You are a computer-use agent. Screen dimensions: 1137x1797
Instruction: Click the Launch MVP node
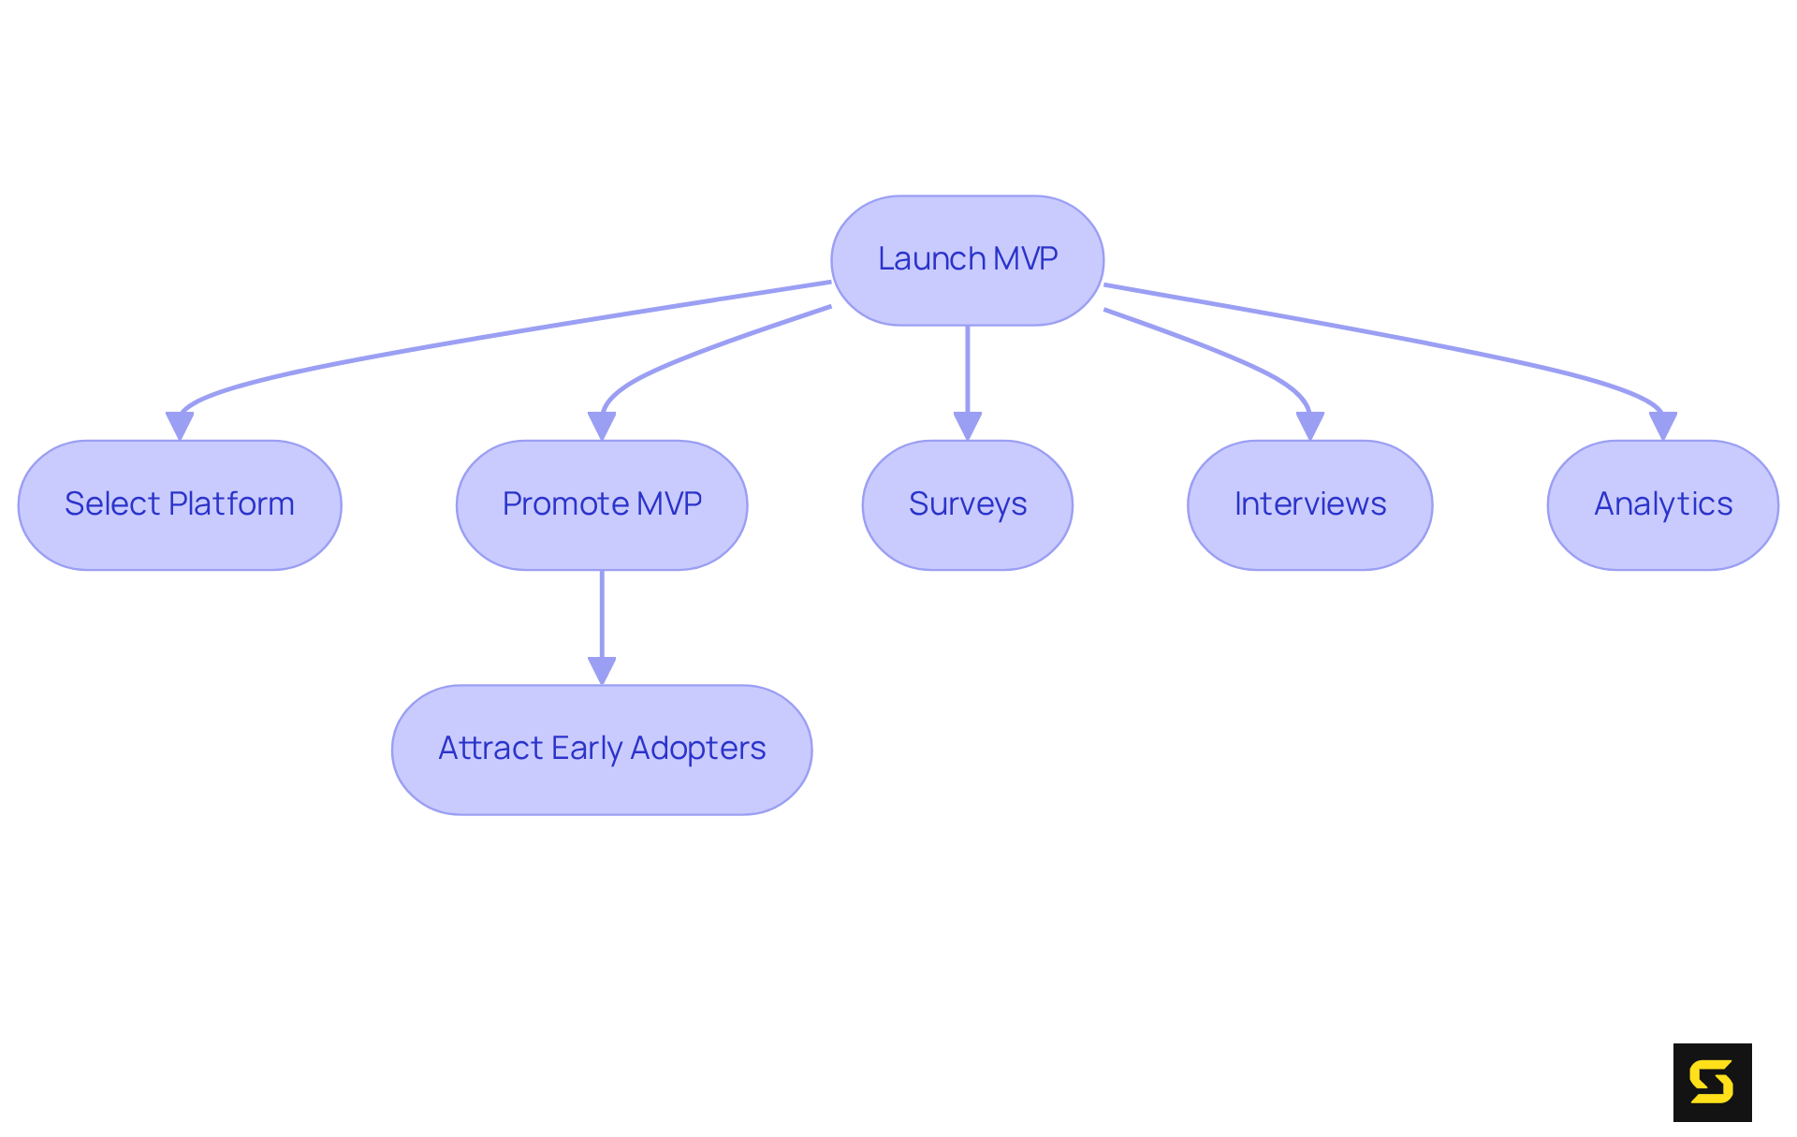(967, 260)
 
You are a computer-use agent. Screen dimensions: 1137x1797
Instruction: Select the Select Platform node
(180, 505)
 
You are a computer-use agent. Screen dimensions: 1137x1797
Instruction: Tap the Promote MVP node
(602, 505)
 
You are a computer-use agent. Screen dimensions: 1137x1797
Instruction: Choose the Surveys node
(967, 505)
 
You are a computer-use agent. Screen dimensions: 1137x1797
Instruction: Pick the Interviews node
(1309, 505)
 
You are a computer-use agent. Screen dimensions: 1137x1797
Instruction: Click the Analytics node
(1662, 505)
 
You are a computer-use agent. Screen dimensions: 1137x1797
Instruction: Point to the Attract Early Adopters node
(602, 750)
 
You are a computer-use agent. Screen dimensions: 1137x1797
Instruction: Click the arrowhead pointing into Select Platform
(180, 426)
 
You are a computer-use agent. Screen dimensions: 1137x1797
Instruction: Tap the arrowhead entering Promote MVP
(602, 426)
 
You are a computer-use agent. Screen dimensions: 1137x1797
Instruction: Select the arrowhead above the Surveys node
(967, 426)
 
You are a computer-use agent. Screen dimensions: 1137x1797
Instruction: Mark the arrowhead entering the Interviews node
(1309, 426)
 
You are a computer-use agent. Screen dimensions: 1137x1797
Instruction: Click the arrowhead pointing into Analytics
(1662, 426)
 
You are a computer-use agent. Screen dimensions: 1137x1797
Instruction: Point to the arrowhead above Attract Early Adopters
(602, 670)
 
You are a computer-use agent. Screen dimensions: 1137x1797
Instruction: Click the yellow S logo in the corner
(1712, 1082)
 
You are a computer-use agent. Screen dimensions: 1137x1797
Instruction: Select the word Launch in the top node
(931, 259)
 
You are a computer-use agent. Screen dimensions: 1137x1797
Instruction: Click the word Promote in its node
(564, 504)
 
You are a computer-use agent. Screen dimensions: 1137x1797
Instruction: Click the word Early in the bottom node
(586, 749)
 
